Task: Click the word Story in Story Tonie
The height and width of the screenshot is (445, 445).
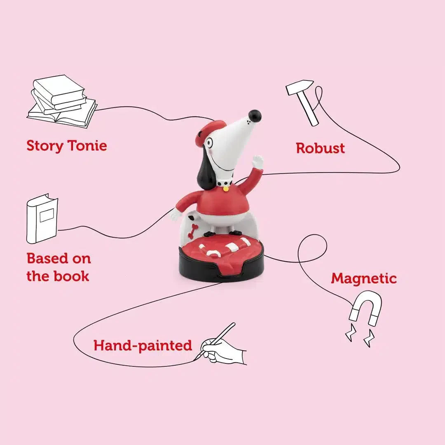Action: coord(45,146)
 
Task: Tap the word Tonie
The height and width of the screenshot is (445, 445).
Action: coord(87,145)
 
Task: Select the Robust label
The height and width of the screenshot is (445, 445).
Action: coord(321,148)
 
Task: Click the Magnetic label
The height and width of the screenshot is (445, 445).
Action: coord(364,279)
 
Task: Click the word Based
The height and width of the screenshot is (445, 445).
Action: coord(47,258)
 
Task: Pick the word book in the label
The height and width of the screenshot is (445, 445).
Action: coord(71,276)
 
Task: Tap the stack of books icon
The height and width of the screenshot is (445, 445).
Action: coord(62,102)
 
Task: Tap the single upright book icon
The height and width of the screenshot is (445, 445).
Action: coord(42,218)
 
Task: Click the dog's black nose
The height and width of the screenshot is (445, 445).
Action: coord(255,116)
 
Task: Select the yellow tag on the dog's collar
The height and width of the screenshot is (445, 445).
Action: coord(226,189)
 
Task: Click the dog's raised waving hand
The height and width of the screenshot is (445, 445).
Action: coord(258,162)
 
